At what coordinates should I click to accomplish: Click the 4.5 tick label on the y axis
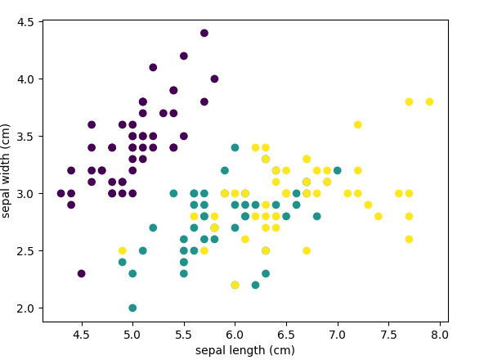[x=25, y=22]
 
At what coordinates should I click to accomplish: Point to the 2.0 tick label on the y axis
[x=25, y=308]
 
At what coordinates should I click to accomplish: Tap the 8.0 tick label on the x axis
[x=440, y=335]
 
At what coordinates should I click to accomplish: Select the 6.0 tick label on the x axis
[x=235, y=335]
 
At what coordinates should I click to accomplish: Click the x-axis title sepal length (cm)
[x=245, y=350]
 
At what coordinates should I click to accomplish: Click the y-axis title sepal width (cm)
[x=6, y=171]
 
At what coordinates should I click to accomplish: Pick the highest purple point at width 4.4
[x=204, y=33]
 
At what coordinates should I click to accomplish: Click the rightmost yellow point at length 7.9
[x=429, y=101]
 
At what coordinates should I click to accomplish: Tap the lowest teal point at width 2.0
[x=132, y=308]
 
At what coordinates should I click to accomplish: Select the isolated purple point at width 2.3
[x=81, y=273]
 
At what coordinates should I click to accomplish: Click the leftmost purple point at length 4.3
[x=60, y=193]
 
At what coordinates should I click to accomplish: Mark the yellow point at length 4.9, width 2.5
[x=123, y=250]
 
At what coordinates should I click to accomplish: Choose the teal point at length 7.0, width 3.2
[x=338, y=170]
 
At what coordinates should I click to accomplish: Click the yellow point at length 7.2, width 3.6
[x=358, y=125]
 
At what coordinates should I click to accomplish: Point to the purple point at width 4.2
[x=184, y=56]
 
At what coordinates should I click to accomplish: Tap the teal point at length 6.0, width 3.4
[x=235, y=148]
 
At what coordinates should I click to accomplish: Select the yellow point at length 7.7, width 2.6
[x=409, y=239]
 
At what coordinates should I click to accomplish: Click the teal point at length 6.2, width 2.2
[x=255, y=285]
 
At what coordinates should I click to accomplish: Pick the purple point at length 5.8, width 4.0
[x=214, y=79]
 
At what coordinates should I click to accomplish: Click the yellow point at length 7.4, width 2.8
[x=378, y=216]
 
